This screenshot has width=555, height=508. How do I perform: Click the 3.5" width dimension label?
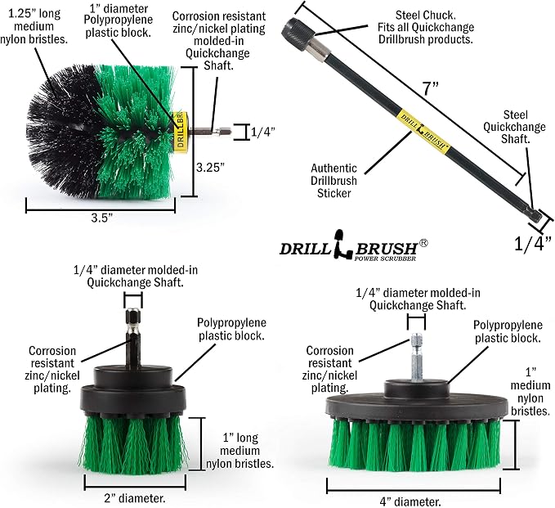pyautogui.click(x=101, y=218)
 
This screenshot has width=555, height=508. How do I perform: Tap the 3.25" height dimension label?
pyautogui.click(x=211, y=167)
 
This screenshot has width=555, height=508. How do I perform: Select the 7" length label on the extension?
pyautogui.click(x=431, y=88)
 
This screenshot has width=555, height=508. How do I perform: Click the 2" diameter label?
pyautogui.click(x=135, y=498)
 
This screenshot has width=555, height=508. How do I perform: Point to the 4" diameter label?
pyautogui.click(x=410, y=501)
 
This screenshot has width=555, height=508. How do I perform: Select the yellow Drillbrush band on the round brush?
pyautogui.click(x=181, y=132)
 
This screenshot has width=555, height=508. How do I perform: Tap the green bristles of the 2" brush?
pyautogui.click(x=134, y=445)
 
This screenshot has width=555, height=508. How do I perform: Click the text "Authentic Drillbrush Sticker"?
pyautogui.click(x=333, y=181)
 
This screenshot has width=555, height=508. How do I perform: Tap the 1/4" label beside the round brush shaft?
pyautogui.click(x=262, y=133)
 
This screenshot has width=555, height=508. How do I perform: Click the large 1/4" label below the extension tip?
pyautogui.click(x=533, y=244)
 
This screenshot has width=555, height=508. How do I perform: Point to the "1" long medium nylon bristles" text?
pyautogui.click(x=239, y=451)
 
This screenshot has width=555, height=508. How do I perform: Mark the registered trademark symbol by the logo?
pyautogui.click(x=423, y=243)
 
